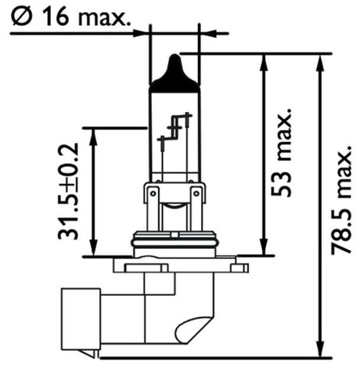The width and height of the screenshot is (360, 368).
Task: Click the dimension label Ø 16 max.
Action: (70, 16)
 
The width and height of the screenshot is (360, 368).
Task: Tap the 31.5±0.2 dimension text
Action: (68, 191)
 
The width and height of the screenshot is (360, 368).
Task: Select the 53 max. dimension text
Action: (281, 152)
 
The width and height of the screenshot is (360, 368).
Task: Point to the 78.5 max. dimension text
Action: (341, 200)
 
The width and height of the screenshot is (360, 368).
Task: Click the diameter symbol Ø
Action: (21, 16)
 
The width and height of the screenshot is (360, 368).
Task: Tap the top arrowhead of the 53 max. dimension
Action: (264, 63)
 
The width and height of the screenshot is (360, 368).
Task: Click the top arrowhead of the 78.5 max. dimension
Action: (321, 63)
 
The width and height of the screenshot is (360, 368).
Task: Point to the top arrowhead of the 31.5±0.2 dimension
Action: (93, 137)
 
